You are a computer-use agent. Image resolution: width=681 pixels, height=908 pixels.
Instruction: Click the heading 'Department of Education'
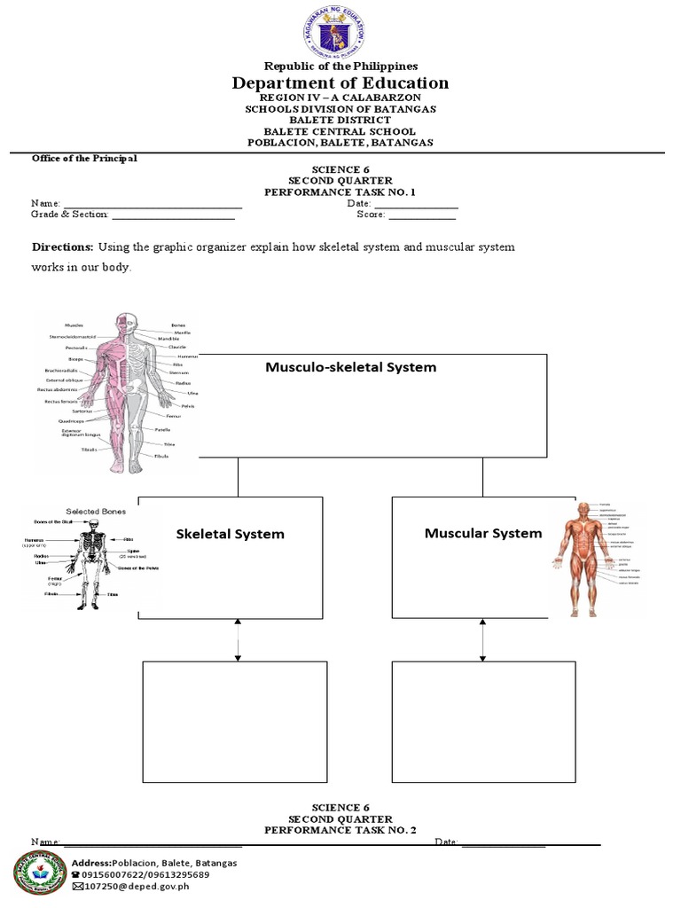tap(340, 83)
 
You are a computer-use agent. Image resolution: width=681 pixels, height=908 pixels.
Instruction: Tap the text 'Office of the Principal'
tap(84, 159)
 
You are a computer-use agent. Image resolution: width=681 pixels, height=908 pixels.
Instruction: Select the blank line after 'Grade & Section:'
tap(173, 215)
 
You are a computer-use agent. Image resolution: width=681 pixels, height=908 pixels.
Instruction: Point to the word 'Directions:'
tap(62, 247)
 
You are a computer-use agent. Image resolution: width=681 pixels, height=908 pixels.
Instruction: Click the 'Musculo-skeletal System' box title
tap(350, 367)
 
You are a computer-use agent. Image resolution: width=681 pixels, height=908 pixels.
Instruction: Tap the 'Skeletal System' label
tap(231, 534)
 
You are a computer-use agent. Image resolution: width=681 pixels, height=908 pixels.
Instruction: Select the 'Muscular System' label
tap(483, 533)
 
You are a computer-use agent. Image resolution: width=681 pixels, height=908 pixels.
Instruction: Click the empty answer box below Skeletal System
tap(235, 722)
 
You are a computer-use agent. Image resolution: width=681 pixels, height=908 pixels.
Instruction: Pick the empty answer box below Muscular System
tap(483, 722)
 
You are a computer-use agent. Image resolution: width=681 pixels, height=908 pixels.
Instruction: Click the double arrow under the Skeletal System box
tap(238, 639)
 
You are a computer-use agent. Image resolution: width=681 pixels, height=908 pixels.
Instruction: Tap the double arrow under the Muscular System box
tap(483, 639)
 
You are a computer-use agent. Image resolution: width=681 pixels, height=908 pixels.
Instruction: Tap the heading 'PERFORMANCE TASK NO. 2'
tap(340, 830)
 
